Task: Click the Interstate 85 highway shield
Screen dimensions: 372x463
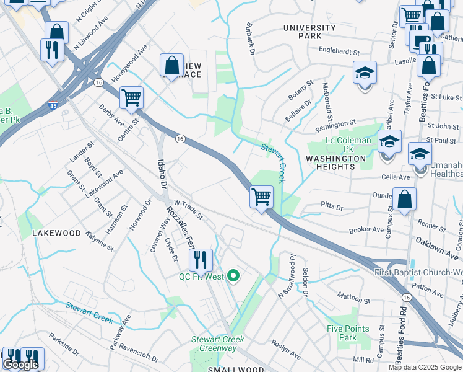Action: click(x=54, y=106)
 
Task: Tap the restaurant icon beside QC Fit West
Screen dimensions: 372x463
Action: click(x=201, y=260)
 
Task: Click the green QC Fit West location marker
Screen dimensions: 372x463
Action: click(x=233, y=276)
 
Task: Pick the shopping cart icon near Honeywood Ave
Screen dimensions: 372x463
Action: click(x=131, y=97)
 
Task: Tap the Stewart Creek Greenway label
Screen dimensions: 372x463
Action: click(x=217, y=343)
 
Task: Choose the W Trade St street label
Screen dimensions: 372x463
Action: click(x=188, y=210)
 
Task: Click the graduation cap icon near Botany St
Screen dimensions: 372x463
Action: click(x=365, y=73)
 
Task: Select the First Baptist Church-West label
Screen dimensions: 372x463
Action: click(x=418, y=273)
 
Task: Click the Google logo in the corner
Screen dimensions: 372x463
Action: click(x=20, y=365)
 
